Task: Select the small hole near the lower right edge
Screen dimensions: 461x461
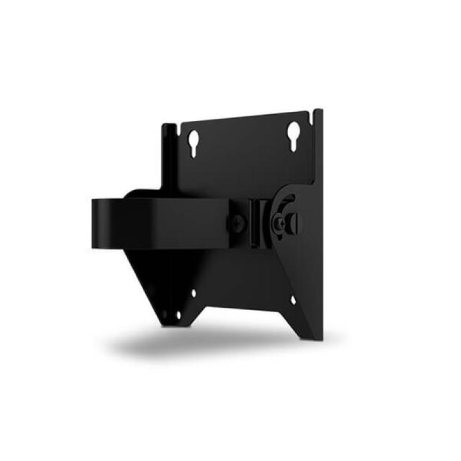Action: [x=293, y=300]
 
